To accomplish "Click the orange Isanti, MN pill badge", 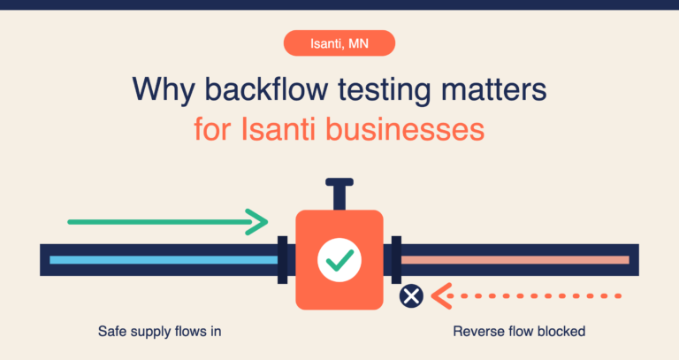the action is [x=339, y=42].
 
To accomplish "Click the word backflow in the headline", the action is [x=266, y=89].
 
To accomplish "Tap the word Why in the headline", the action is [x=164, y=90].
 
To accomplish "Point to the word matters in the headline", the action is [x=494, y=89].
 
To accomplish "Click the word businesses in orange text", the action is [x=405, y=129].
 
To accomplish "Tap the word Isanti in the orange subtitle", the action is [x=278, y=129].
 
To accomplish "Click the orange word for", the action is [x=212, y=129].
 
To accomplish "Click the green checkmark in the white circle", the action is [x=339, y=260].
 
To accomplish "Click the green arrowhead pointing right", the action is [x=257, y=222].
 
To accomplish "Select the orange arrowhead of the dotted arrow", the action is [x=442, y=296].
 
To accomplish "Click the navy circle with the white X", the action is [x=411, y=296].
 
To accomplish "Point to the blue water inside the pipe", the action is [x=164, y=260].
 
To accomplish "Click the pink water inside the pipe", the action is [x=515, y=260].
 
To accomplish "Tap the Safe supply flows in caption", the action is [x=160, y=332].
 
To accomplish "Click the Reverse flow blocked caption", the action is [x=519, y=332].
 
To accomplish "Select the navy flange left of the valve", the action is [x=282, y=260].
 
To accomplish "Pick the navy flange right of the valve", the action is [x=396, y=260].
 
